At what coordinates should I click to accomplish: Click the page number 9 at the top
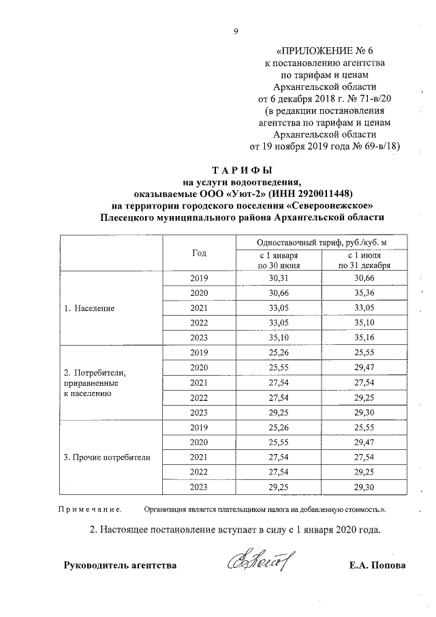click(x=236, y=30)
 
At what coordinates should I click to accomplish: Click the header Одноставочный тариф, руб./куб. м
click(x=322, y=243)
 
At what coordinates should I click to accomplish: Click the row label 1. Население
click(x=89, y=308)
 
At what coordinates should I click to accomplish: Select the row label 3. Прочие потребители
click(x=106, y=457)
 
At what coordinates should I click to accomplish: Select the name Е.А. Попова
click(x=376, y=566)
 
